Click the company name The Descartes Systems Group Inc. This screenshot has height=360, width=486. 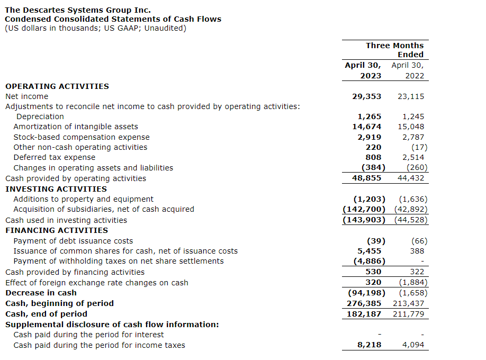point(78,10)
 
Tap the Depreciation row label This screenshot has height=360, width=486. point(40,116)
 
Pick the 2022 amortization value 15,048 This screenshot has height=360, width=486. point(411,127)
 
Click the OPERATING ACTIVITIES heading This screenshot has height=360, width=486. point(57,86)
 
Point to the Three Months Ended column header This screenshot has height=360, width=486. point(394,50)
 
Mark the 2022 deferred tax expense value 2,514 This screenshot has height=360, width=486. point(413,157)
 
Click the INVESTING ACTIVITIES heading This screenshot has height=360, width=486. point(56,189)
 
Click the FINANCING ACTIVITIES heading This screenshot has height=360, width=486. point(57,230)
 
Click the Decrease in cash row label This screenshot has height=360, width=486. point(41,293)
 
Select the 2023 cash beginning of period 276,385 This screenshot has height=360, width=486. point(364,303)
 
